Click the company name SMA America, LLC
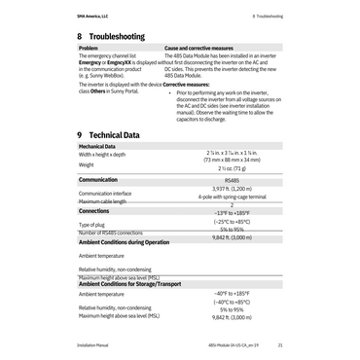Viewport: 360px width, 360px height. pyautogui.click(x=92, y=17)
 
